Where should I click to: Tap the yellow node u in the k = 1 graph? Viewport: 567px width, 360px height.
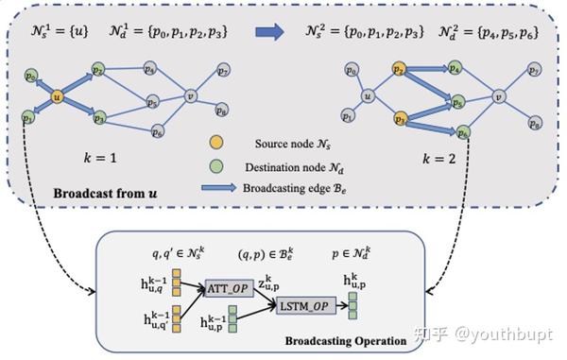click(x=58, y=95)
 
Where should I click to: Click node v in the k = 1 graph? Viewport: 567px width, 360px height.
click(x=190, y=94)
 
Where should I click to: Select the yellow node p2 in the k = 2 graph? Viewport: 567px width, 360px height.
click(x=400, y=70)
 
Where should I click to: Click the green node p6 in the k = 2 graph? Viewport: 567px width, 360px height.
click(x=463, y=132)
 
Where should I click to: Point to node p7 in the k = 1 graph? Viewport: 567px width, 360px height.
click(x=222, y=71)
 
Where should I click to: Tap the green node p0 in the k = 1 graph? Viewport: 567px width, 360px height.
click(x=32, y=75)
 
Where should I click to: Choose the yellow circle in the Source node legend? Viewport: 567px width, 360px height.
click(x=217, y=143)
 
